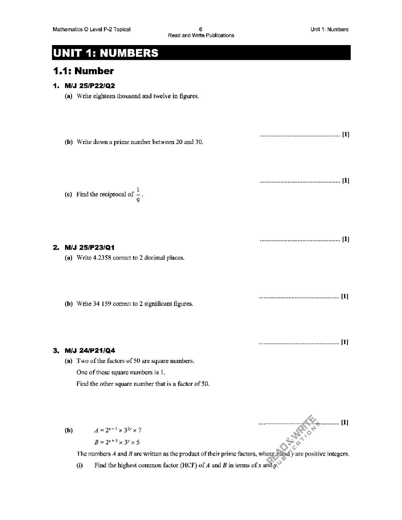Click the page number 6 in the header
click(201, 29)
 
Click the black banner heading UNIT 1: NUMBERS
click(106, 53)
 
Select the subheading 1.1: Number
click(83, 71)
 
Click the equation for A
click(118, 430)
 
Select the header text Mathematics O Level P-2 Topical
click(92, 30)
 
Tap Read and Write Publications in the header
click(201, 35)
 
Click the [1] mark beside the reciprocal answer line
click(345, 239)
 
